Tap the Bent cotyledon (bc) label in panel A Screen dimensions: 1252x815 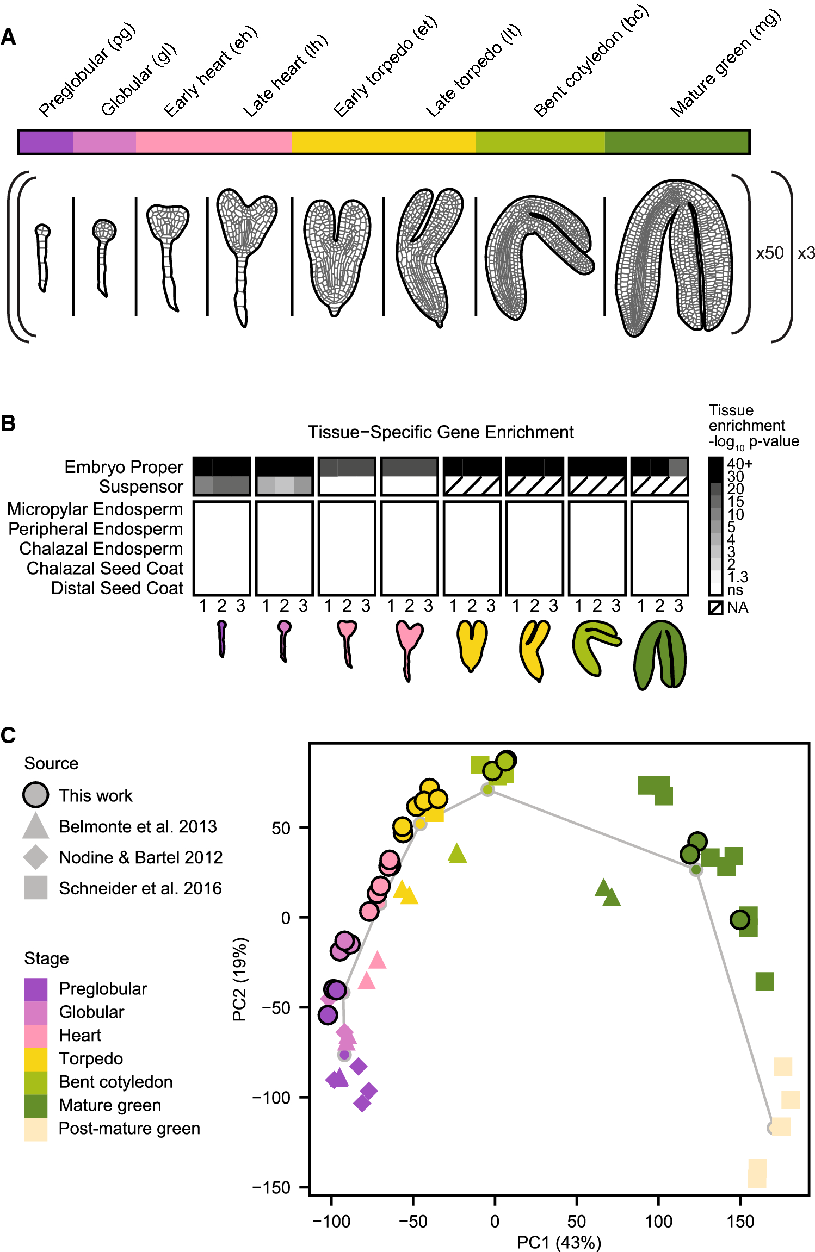[590, 61]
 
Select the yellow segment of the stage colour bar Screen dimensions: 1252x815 [384, 142]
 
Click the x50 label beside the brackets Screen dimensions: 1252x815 [769, 253]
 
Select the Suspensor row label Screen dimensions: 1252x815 [141, 487]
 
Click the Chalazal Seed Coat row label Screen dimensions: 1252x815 [105, 568]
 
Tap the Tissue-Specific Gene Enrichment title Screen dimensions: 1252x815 [440, 432]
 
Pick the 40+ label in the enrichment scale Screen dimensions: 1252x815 [739, 464]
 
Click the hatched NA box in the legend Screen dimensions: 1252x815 [715, 607]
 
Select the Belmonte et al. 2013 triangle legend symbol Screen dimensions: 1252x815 [35, 826]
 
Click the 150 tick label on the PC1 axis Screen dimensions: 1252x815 [740, 1222]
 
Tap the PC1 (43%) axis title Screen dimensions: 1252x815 [559, 1242]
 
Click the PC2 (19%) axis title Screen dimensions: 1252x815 [240, 979]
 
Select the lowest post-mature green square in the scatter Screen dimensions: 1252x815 [757, 1178]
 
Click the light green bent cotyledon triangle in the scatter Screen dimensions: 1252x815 [457, 854]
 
